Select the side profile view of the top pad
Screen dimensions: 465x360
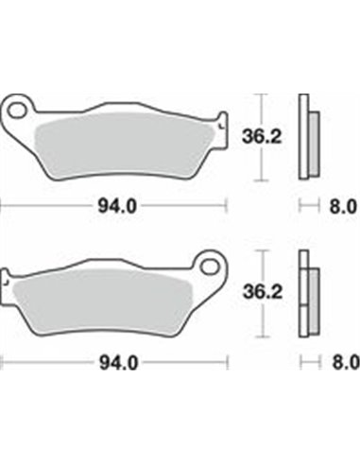(306, 137)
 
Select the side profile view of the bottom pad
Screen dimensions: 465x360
(306, 293)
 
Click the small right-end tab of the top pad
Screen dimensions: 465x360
(222, 123)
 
